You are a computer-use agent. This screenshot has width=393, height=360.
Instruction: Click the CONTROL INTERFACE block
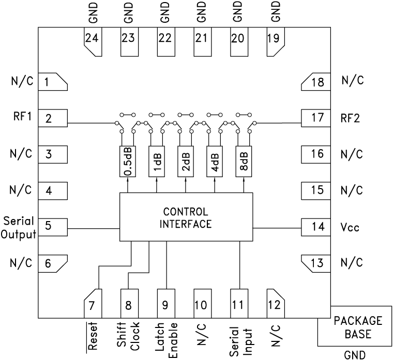click(186, 217)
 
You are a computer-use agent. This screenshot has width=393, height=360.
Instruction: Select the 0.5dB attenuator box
click(128, 162)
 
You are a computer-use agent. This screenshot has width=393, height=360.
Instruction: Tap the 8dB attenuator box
click(244, 162)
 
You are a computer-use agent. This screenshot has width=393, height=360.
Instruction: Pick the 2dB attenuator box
click(186, 162)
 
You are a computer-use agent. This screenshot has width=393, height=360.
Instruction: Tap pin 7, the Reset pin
click(92, 303)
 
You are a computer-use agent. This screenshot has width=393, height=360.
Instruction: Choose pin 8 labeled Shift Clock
click(128, 303)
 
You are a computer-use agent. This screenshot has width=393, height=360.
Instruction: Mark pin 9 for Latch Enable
click(165, 303)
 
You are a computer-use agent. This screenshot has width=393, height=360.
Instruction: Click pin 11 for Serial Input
click(238, 303)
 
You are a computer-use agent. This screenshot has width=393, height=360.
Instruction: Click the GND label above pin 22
click(165, 11)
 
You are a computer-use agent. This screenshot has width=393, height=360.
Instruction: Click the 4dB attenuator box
click(215, 162)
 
